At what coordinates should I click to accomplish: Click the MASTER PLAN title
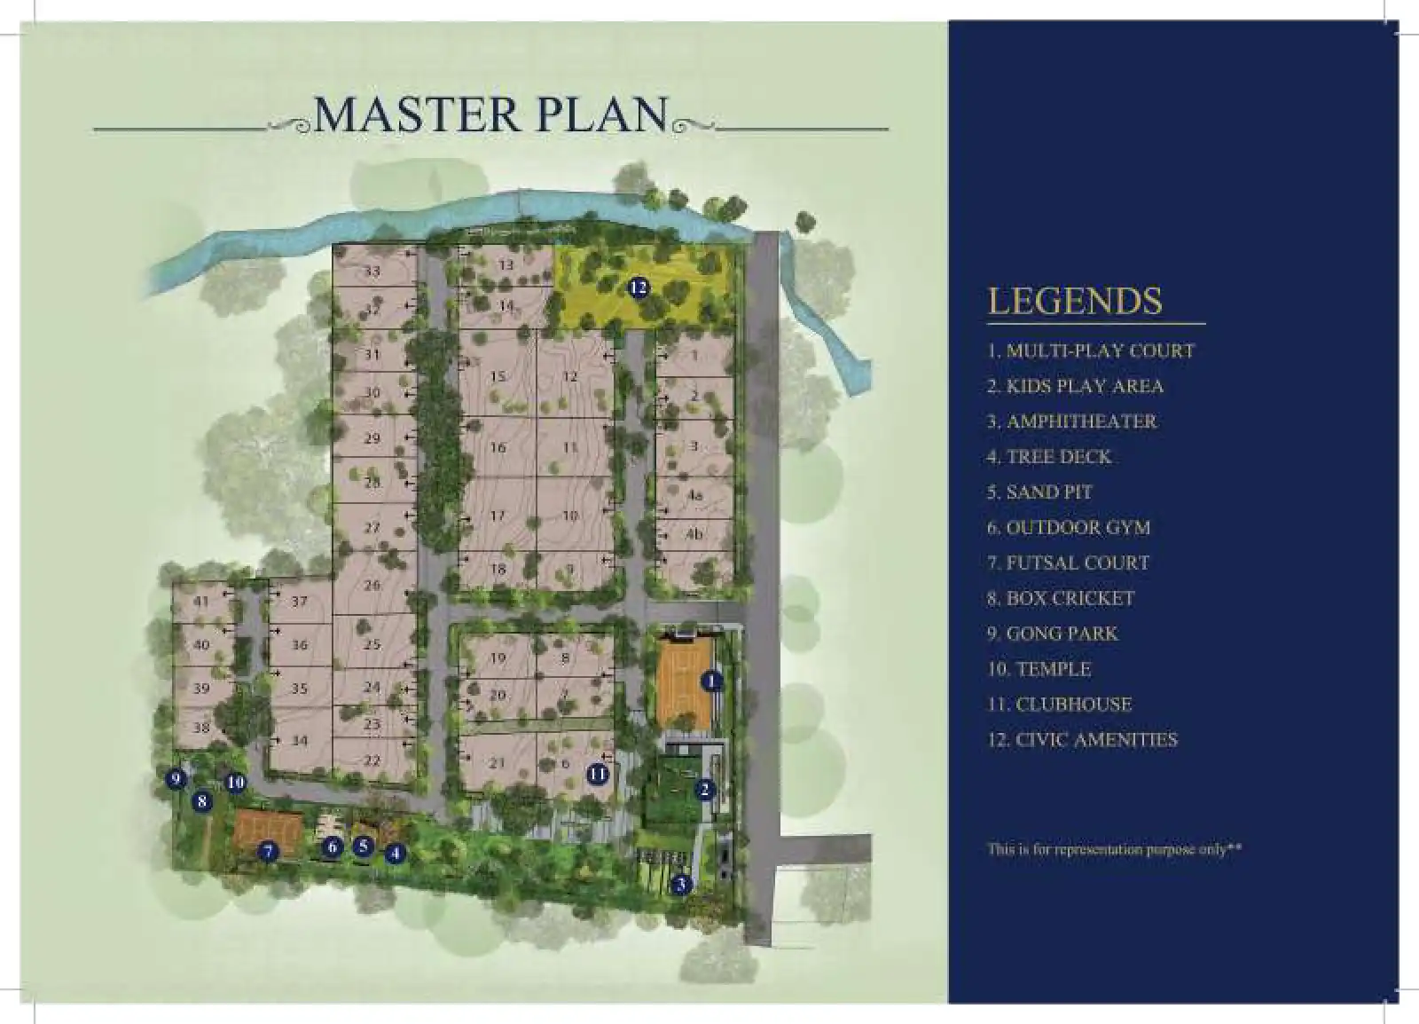click(490, 114)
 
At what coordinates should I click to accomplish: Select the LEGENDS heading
click(1074, 301)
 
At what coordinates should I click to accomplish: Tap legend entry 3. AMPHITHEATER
click(1072, 421)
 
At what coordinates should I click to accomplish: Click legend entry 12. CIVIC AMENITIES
click(1082, 740)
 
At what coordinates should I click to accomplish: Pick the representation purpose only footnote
click(1114, 849)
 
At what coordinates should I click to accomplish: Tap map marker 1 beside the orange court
click(711, 681)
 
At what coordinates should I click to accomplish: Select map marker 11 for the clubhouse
click(598, 774)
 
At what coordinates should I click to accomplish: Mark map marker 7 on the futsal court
click(268, 852)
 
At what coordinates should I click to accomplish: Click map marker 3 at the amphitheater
click(681, 885)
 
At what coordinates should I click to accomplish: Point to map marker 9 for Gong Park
click(176, 779)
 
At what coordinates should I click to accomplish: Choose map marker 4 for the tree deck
click(395, 854)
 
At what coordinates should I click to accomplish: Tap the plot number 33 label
click(372, 271)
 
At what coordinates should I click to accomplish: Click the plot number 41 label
click(201, 602)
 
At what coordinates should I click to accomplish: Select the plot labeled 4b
click(694, 534)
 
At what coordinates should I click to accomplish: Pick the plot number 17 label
click(498, 516)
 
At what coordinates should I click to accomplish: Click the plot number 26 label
click(372, 586)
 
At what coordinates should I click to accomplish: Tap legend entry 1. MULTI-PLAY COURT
click(1091, 351)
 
